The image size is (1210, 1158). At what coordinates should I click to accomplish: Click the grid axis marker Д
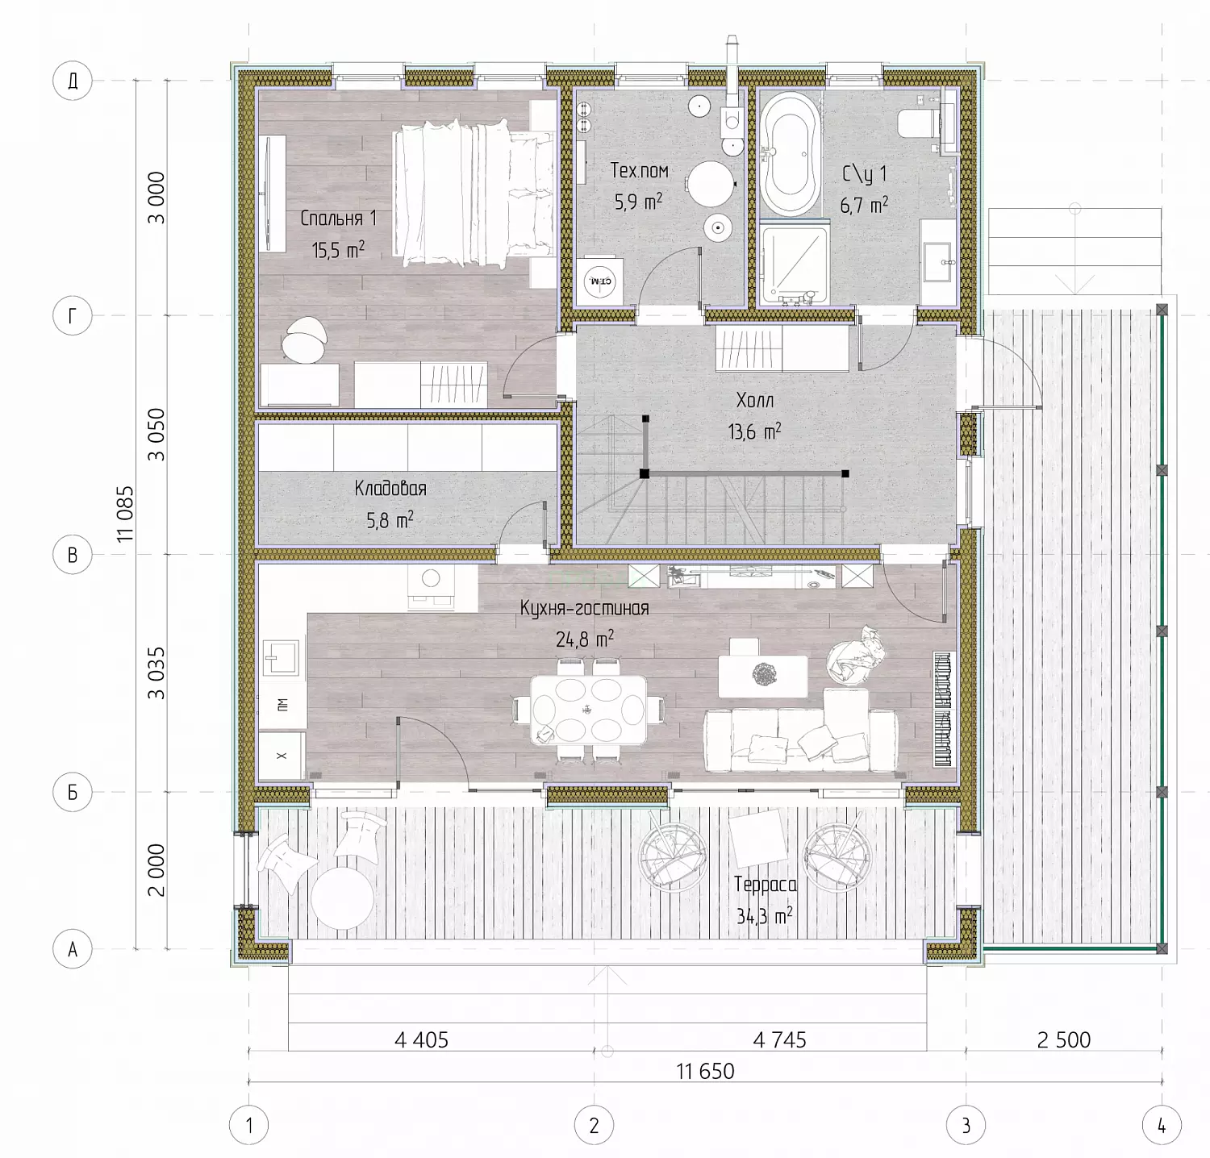(x=73, y=81)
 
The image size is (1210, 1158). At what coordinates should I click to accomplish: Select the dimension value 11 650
(x=705, y=1072)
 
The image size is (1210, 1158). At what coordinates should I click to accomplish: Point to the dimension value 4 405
(x=421, y=1040)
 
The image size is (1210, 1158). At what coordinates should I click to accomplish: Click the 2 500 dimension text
(x=1064, y=1040)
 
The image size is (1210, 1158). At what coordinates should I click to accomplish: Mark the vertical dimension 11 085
(x=126, y=514)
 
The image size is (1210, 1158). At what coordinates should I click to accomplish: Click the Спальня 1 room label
(x=339, y=219)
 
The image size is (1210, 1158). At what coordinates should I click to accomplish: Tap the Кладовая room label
(x=390, y=489)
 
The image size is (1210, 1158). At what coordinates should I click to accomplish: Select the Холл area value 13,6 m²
(x=754, y=431)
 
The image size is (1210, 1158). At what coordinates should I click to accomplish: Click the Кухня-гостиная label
(x=585, y=609)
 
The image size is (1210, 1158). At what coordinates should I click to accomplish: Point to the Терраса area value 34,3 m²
(x=764, y=916)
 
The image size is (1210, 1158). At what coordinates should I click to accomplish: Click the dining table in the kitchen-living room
(x=588, y=709)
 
